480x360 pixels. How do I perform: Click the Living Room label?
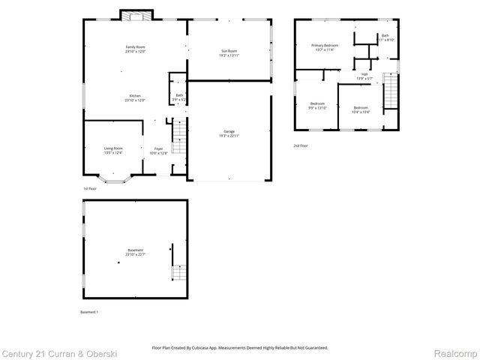tap(113, 148)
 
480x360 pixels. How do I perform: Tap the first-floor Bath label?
tap(179, 95)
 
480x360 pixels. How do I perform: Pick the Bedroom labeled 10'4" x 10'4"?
tap(361, 107)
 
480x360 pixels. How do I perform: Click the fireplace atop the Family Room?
tap(136, 16)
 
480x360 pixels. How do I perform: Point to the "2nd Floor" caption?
tap(300, 145)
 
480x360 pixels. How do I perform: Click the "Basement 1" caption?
tap(89, 311)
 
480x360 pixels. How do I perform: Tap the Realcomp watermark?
tap(457, 352)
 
